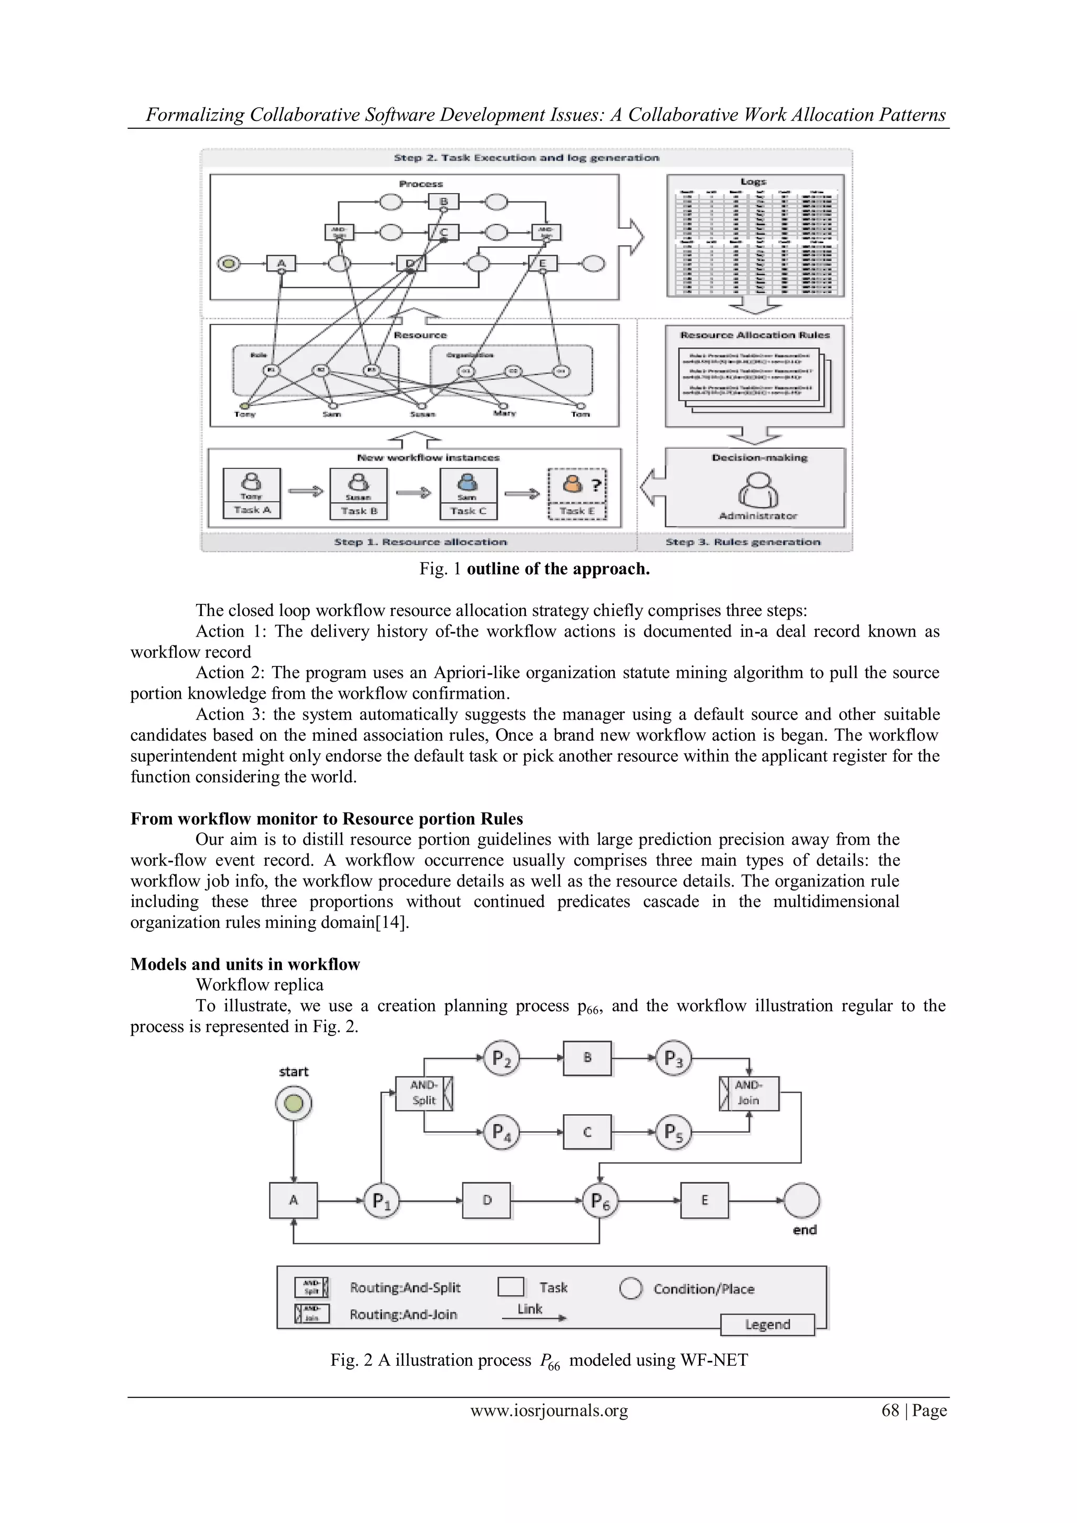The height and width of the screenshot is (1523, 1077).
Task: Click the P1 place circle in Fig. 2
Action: tap(381, 1201)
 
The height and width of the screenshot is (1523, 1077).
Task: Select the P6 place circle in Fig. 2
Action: tap(600, 1201)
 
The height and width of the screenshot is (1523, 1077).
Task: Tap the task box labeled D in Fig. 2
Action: tap(487, 1201)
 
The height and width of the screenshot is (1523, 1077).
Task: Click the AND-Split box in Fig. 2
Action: tap(424, 1093)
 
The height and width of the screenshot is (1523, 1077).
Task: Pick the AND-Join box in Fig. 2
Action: tap(749, 1093)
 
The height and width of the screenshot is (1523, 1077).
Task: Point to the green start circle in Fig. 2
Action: tap(294, 1104)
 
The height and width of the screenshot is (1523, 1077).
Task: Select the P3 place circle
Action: tap(674, 1058)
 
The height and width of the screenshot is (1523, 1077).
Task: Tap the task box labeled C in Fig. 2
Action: tap(587, 1132)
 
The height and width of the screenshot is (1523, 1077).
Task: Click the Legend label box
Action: tap(767, 1325)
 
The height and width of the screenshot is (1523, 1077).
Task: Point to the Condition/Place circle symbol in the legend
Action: tap(631, 1288)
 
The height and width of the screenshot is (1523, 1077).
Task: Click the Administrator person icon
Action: tap(758, 490)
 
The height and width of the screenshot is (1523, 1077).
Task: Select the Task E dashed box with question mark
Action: tap(577, 494)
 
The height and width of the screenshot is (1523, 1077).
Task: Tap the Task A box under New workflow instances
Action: tap(252, 493)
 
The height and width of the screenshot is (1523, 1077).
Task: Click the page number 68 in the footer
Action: tap(890, 1411)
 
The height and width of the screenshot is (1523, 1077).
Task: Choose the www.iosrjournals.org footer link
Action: tap(549, 1411)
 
